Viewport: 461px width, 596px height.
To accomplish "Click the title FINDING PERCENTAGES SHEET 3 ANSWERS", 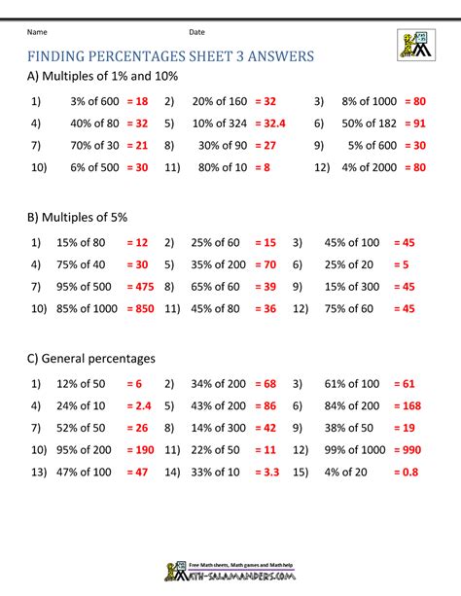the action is coord(170,56).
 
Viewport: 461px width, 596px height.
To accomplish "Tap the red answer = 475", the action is coord(142,287).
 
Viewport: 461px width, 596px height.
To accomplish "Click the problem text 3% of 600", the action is coord(95,100).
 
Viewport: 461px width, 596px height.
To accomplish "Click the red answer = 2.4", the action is coord(140,403).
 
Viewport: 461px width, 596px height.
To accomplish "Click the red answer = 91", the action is coord(412,123).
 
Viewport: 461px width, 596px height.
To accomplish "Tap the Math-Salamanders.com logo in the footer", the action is coord(230,573).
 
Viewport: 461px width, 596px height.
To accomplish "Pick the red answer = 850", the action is coord(142,310).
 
